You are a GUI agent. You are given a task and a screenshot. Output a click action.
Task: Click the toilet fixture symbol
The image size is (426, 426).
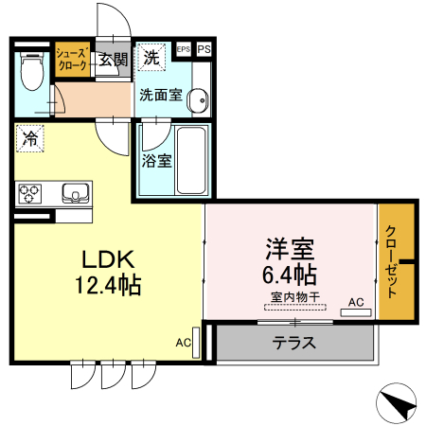[x=32, y=66]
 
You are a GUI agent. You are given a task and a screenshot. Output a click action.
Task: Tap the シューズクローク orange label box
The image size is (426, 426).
[x=72, y=60]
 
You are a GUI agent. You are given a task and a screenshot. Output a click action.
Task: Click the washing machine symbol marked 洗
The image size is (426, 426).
[x=151, y=57]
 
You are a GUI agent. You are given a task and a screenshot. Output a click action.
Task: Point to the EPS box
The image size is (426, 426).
[x=183, y=48]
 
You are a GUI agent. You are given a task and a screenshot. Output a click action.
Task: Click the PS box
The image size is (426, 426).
[x=204, y=48]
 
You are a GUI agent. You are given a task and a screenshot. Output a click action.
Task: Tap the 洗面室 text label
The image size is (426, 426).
[x=160, y=96]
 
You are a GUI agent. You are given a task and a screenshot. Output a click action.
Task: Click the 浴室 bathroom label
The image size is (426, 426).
[x=156, y=160]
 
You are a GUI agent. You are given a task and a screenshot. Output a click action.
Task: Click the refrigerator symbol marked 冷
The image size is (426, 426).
[x=30, y=138]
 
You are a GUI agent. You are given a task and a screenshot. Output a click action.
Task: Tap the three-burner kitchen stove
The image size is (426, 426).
[x=30, y=194]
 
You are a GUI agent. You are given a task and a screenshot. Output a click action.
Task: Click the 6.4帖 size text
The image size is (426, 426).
[x=290, y=275]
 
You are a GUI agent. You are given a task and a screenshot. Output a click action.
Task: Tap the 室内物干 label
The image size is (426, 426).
[x=295, y=297]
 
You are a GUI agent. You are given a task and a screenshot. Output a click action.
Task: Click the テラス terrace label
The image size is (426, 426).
[x=293, y=343]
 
